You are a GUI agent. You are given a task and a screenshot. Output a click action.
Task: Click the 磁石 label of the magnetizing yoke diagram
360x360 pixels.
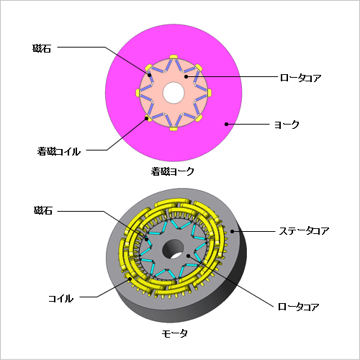point(42,48)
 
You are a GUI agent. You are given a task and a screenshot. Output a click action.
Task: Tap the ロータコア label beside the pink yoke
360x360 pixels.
point(300,78)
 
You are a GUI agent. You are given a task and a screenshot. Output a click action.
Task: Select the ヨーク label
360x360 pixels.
point(287,125)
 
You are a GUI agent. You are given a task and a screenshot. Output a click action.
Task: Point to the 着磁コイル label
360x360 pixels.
point(59,151)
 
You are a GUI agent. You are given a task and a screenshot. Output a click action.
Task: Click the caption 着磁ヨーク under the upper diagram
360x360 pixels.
point(172,171)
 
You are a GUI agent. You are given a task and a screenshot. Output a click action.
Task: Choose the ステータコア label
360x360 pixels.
point(304,231)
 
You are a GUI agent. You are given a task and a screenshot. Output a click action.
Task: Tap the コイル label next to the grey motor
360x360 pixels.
point(60,299)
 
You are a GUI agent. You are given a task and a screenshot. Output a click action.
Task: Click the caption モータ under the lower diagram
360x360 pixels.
point(174,333)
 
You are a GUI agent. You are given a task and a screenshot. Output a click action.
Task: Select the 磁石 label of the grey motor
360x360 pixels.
point(43,210)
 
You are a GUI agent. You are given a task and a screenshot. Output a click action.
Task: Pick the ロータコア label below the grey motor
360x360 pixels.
point(298,307)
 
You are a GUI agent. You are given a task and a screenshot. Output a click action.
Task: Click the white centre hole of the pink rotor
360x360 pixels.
point(174,93)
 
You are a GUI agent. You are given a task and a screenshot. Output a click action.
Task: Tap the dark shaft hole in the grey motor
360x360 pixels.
point(173,249)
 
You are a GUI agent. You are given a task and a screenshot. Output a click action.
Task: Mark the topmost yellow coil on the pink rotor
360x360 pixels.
point(174,57)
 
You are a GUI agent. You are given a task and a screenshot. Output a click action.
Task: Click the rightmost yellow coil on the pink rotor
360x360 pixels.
point(210,92)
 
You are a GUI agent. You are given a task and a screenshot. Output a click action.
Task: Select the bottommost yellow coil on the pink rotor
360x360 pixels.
point(174,129)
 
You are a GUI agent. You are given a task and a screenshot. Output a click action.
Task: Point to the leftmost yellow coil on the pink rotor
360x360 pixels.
point(138,92)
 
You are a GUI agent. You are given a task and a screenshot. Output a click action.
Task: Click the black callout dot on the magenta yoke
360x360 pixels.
point(226,124)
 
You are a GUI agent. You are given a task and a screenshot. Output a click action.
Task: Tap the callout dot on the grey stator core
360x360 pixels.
point(232,231)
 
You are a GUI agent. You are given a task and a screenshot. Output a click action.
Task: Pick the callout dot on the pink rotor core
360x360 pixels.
point(186,76)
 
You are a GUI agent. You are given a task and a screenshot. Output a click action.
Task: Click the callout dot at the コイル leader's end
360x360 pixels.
point(130,279)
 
